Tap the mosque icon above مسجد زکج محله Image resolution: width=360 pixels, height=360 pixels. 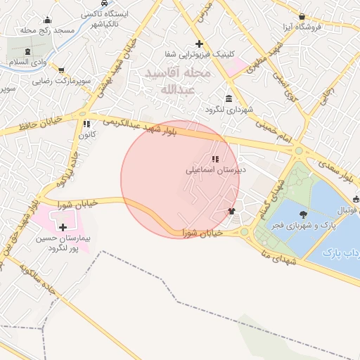(47, 20)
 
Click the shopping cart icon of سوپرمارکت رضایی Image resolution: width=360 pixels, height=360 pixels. (62, 70)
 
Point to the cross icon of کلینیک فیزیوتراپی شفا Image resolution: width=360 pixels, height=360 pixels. (199, 44)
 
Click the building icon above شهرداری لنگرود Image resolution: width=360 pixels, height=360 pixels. (229, 98)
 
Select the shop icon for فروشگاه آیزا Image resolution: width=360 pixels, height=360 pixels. (302, 16)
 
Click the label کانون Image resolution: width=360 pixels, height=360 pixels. (87, 134)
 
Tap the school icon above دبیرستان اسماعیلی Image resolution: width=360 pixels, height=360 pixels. (215, 159)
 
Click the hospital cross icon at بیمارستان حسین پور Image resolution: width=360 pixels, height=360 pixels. (64, 227)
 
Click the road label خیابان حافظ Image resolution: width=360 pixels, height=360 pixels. (27, 129)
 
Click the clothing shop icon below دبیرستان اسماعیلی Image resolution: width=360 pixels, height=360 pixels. (231, 210)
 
